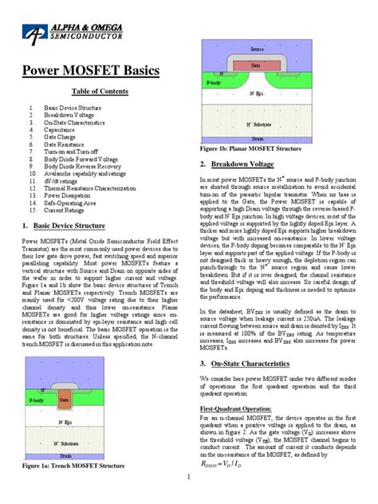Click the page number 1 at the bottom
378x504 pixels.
(188, 478)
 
